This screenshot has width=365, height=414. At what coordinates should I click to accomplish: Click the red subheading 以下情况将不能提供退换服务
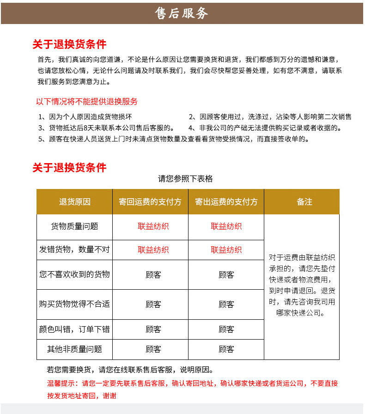pos(87,102)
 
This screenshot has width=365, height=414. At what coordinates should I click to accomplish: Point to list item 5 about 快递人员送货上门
pos(174,139)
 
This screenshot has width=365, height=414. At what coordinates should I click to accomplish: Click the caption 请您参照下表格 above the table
pos(185,179)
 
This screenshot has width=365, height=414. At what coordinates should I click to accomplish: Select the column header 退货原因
pos(74,202)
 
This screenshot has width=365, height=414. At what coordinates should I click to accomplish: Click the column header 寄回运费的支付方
pos(150,202)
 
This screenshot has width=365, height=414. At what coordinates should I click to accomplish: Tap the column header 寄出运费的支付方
pos(226,202)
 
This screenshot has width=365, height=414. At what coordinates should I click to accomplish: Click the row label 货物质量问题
pos(74,226)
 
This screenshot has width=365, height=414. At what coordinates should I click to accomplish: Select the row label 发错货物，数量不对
pos(74,250)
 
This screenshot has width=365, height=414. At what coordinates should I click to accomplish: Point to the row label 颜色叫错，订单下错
pos(74,329)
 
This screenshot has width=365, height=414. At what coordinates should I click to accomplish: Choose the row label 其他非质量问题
pos(74,349)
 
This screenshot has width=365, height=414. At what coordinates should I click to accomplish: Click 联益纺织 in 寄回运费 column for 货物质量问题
pos(153,226)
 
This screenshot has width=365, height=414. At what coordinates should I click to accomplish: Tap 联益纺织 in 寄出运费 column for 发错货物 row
pos(226,250)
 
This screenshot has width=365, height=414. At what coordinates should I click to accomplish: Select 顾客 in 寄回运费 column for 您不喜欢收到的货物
pos(153,275)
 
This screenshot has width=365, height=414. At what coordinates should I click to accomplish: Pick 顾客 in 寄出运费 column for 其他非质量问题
pos(226,349)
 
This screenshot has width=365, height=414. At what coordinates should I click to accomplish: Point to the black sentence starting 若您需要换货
pos(130,370)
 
